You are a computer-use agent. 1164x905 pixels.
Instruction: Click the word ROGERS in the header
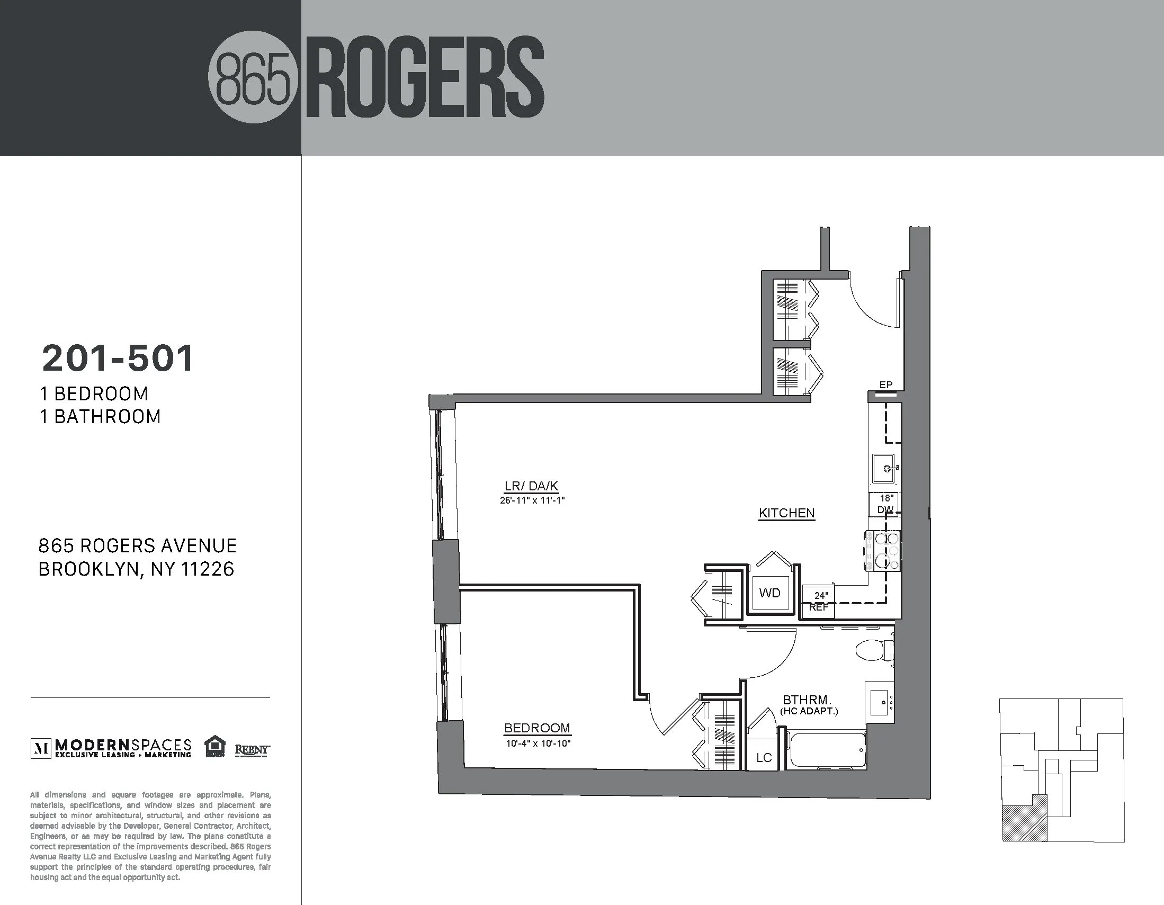tap(425, 78)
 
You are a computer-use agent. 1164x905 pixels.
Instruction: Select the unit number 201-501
tap(118, 359)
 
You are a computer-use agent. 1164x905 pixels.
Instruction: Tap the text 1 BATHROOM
tap(100, 417)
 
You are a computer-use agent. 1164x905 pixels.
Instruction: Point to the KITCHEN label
tap(786, 513)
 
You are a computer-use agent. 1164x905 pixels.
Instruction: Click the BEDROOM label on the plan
tap(537, 728)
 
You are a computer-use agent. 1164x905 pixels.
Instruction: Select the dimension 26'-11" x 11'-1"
tap(532, 500)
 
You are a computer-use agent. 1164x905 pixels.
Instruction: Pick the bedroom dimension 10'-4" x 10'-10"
tap(538, 743)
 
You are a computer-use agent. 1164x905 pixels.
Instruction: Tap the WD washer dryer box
tap(769, 593)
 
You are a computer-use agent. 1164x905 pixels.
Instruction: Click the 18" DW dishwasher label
tap(886, 504)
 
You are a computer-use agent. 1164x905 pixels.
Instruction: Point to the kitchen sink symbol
tap(884, 469)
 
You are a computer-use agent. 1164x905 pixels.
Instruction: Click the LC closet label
tap(764, 758)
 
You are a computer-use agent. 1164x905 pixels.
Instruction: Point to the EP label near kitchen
tap(886, 385)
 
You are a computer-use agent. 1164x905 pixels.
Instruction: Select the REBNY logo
tap(252, 750)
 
